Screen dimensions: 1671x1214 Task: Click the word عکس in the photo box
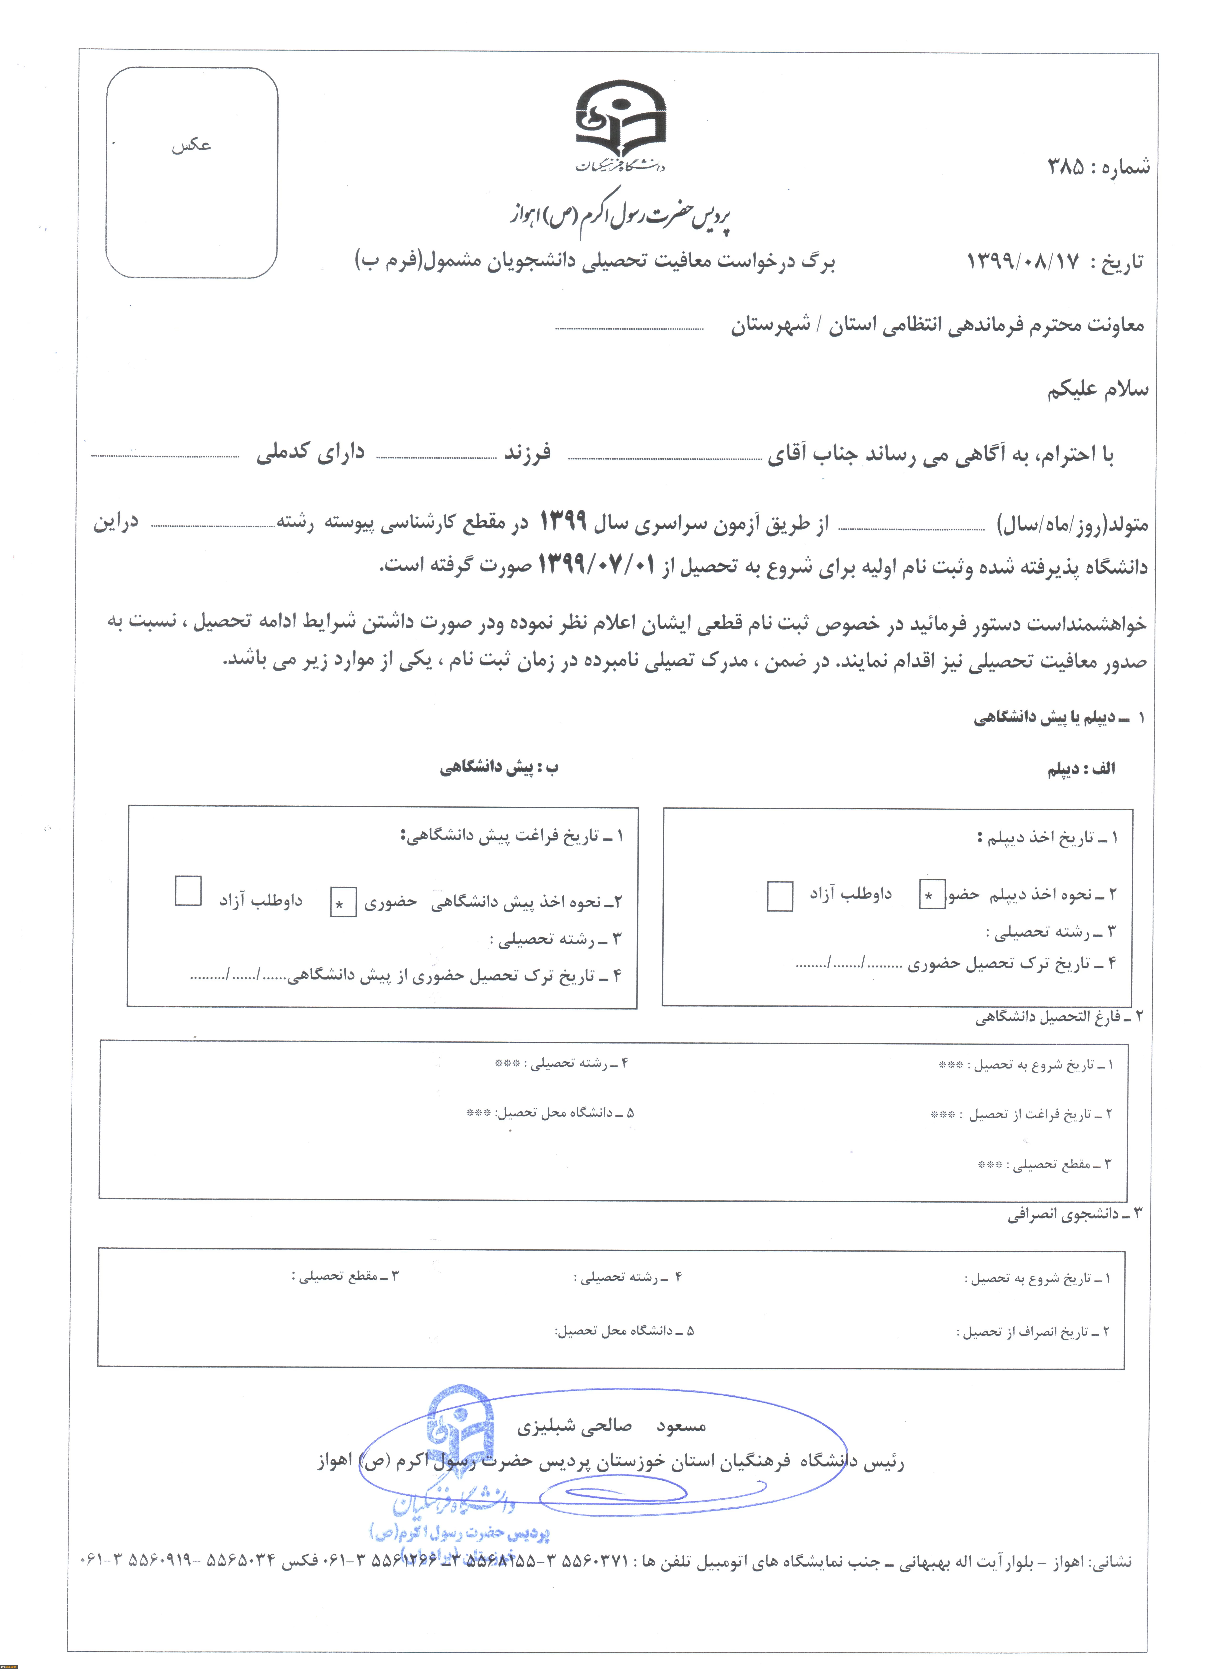[x=192, y=145]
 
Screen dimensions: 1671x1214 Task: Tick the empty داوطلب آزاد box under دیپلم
[x=780, y=896]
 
